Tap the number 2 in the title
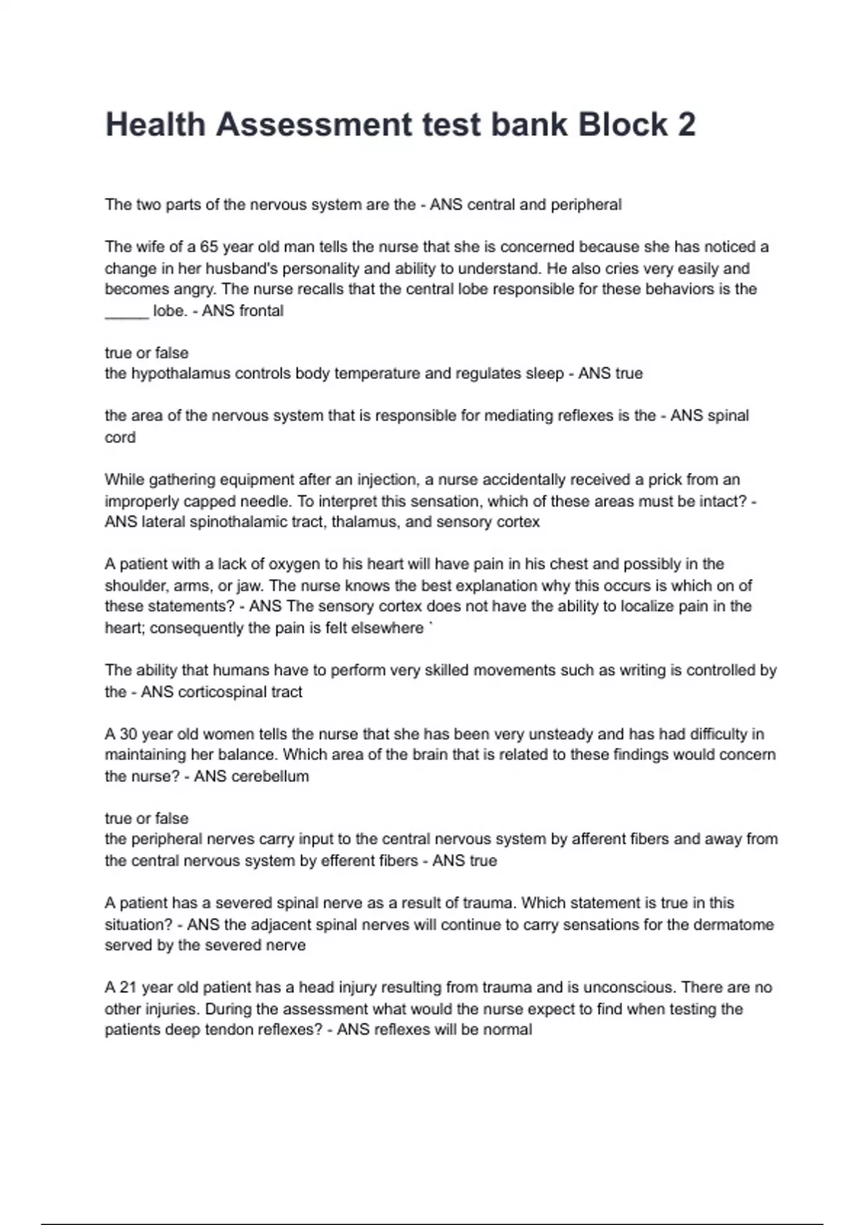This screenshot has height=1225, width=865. [686, 124]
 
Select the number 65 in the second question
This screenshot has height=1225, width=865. [208, 246]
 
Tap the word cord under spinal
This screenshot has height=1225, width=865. [120, 437]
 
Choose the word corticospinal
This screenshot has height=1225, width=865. [220, 692]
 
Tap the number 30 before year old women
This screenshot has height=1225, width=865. [128, 734]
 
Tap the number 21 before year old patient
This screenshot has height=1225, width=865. [128, 987]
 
